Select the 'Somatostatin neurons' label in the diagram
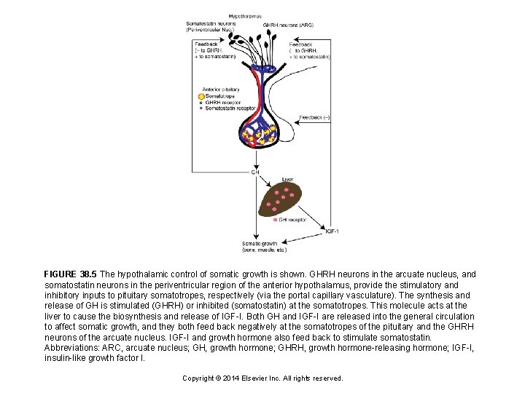click(211, 23)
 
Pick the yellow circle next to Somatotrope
click(201, 96)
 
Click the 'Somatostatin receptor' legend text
click(230, 108)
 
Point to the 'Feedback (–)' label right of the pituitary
click(316, 116)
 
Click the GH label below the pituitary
click(255, 172)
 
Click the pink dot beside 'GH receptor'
click(275, 219)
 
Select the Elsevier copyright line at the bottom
click(262, 378)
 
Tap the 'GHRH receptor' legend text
click(222, 103)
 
